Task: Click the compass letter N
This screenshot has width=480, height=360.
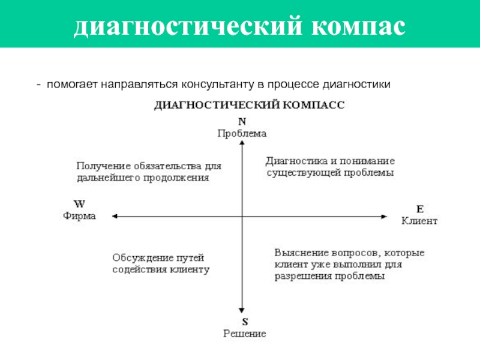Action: [242, 122]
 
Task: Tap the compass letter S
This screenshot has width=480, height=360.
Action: [243, 322]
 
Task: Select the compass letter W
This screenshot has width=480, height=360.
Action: [79, 203]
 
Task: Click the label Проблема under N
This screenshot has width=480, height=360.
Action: [241, 133]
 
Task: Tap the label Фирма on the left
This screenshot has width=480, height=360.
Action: [79, 215]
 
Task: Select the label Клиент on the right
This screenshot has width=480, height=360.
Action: [419, 220]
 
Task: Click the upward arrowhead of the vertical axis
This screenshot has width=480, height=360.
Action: [242, 143]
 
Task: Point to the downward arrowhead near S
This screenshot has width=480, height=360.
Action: [242, 308]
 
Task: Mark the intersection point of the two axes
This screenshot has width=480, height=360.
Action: [242, 216]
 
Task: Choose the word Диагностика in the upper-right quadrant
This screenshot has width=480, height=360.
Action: [294, 161]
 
